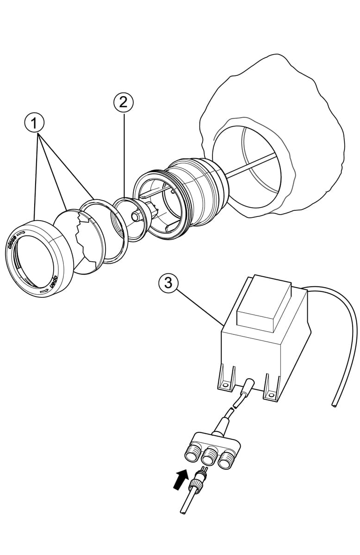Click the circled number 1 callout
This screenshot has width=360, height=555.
point(34,123)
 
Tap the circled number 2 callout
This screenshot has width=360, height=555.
point(123,102)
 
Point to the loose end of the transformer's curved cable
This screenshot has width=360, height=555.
point(333,405)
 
